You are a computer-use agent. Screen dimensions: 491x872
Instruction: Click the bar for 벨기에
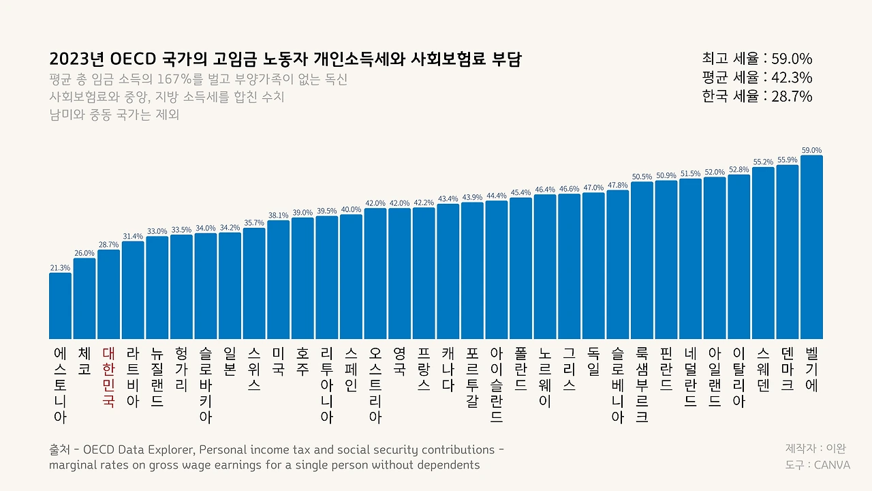(x=811, y=247)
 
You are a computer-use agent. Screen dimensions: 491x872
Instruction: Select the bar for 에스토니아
(x=60, y=306)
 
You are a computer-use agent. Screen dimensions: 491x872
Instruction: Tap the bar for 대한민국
(x=108, y=294)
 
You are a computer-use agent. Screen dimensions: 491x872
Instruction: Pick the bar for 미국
(x=278, y=280)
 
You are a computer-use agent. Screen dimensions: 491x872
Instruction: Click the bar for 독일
(x=593, y=265)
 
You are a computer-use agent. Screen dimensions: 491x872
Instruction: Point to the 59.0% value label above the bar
(x=811, y=150)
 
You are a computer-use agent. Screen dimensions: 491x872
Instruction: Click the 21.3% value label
(x=60, y=268)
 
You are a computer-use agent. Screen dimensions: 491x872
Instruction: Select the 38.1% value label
(x=278, y=215)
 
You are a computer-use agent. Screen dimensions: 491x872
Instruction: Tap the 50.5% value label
(x=642, y=177)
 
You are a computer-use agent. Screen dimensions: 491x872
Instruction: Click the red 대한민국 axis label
(x=108, y=377)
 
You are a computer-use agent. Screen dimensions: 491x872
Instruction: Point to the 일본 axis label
(x=230, y=361)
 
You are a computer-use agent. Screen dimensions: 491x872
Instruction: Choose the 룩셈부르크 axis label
(x=642, y=385)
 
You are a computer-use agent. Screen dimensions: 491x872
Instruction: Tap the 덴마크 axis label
(x=787, y=369)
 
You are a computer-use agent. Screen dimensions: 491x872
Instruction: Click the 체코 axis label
(x=84, y=361)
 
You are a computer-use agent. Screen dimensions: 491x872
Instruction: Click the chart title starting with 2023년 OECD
(x=285, y=59)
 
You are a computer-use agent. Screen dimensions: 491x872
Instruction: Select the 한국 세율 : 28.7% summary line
(x=757, y=96)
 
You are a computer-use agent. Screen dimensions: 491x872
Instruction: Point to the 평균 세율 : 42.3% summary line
(x=757, y=77)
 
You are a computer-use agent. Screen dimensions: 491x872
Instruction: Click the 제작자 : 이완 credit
(x=815, y=448)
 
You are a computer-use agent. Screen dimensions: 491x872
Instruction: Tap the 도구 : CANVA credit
(x=817, y=464)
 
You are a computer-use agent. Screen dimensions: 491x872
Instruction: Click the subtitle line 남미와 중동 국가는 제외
(x=114, y=115)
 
